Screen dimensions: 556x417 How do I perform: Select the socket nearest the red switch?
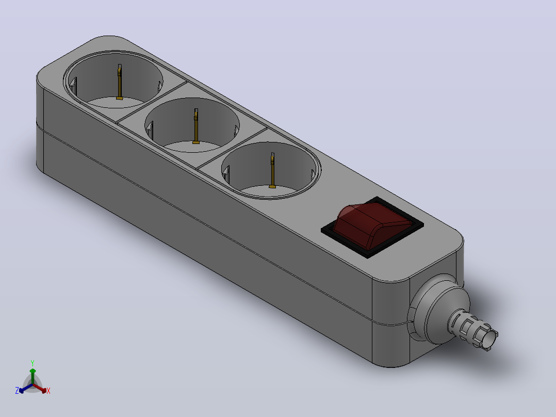[x=271, y=170]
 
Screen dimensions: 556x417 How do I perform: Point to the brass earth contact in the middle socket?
[x=196, y=126]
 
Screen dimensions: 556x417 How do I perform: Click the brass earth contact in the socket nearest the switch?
[x=272, y=170]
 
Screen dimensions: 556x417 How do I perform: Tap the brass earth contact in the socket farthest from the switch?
[x=120, y=82]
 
